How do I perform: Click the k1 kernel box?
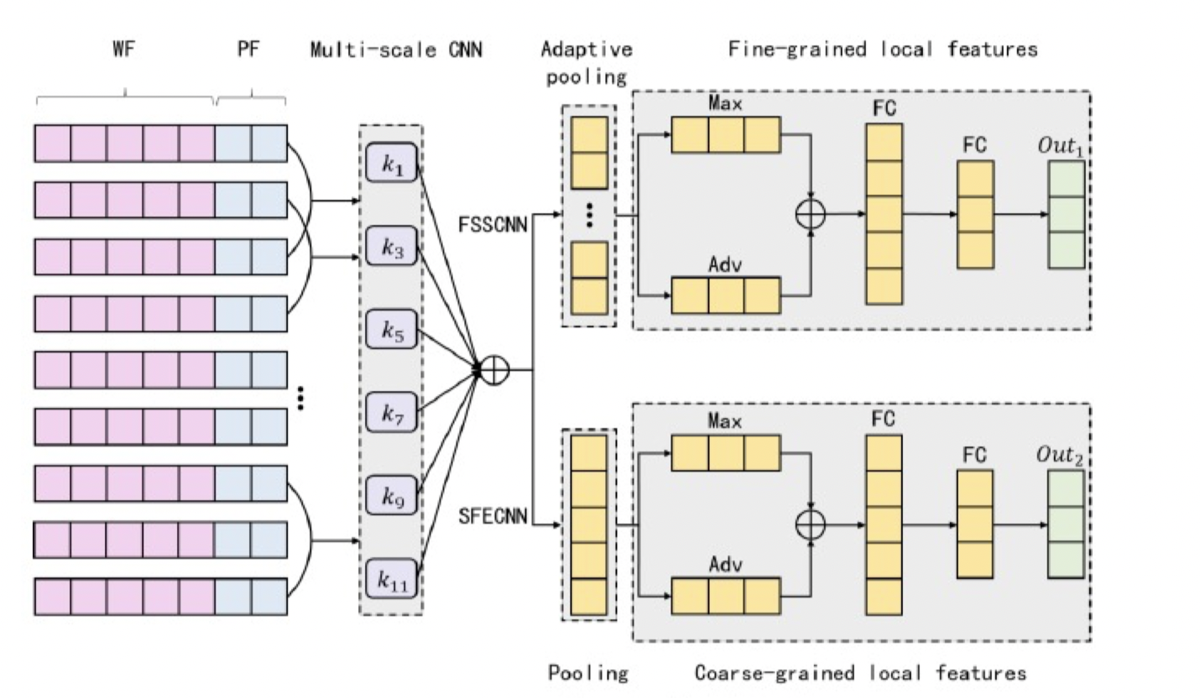coord(391,168)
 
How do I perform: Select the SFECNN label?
coord(493,516)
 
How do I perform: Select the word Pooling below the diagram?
coord(588,673)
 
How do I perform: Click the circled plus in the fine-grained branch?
coord(811,214)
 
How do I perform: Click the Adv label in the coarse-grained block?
coord(725,568)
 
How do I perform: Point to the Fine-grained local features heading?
coord(883,49)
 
